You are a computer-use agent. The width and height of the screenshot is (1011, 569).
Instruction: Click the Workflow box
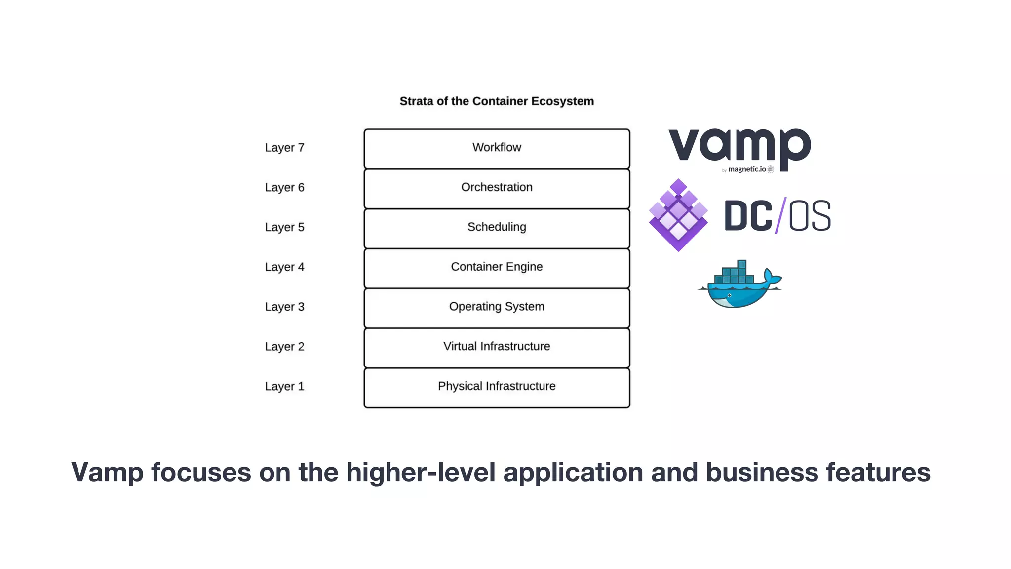(x=497, y=148)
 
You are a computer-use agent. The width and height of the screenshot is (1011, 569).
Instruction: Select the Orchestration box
(x=497, y=188)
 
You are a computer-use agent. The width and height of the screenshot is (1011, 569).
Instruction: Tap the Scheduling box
(x=497, y=228)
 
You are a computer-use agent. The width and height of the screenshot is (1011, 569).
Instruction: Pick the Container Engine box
(x=497, y=267)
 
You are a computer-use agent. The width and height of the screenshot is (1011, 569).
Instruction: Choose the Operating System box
(x=497, y=307)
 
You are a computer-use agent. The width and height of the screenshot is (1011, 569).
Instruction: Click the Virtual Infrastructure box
(x=497, y=347)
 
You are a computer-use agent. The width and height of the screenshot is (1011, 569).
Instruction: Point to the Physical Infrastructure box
(x=497, y=387)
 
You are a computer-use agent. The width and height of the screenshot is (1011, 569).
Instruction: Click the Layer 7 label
(x=284, y=148)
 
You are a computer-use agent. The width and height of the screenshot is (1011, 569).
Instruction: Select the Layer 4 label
(x=284, y=267)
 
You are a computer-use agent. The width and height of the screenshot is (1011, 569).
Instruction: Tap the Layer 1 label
(x=284, y=387)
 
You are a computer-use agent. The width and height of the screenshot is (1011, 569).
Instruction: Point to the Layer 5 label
(x=284, y=227)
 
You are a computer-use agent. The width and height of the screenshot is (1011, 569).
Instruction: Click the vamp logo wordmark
(x=739, y=146)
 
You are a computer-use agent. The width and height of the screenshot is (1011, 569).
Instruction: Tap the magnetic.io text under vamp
(x=747, y=169)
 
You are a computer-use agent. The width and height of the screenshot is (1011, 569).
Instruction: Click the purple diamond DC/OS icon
(x=678, y=215)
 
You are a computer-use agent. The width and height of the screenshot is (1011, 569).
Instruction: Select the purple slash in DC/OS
(x=780, y=215)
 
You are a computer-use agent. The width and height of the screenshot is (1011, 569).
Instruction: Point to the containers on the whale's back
(x=734, y=273)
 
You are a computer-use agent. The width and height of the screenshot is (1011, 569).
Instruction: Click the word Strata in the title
(x=416, y=101)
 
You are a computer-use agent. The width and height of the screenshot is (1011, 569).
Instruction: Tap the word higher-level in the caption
(x=421, y=472)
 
